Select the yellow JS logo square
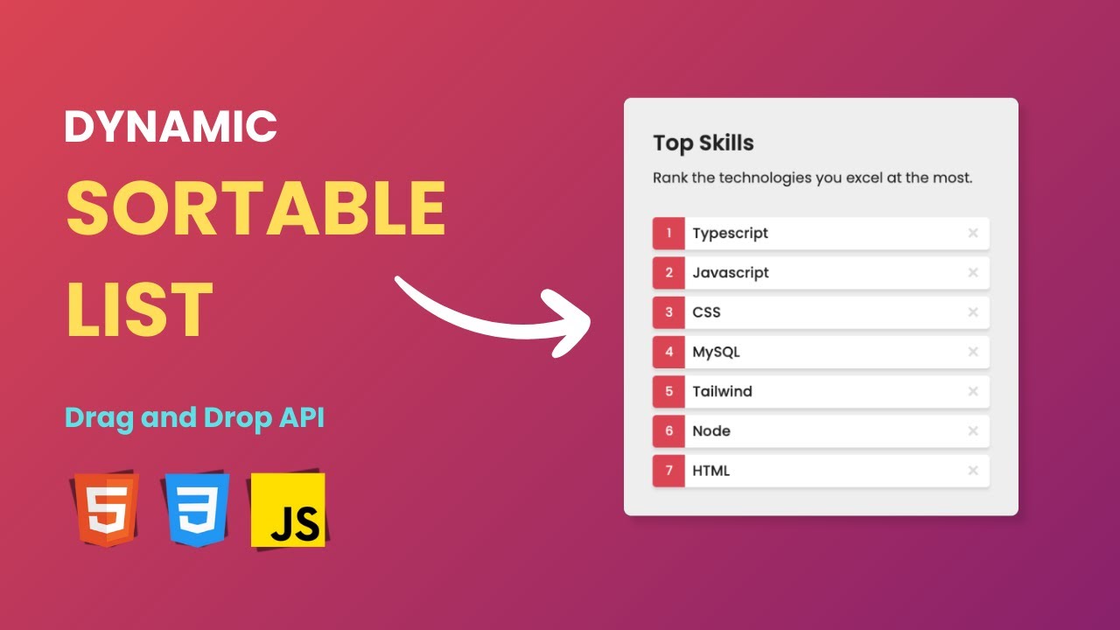coord(288,510)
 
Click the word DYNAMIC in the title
coord(171,126)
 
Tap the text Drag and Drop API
coord(194,418)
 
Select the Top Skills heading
coord(703,143)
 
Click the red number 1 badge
coord(668,234)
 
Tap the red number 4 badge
coord(668,352)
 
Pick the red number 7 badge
coord(668,471)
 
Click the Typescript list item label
coord(730,234)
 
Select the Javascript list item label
coord(730,273)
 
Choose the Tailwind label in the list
coord(722,391)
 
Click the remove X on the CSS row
coord(972,312)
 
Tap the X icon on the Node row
coord(972,430)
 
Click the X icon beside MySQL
coord(972,352)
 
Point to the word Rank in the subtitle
coord(670,178)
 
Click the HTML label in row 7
coord(710,471)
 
